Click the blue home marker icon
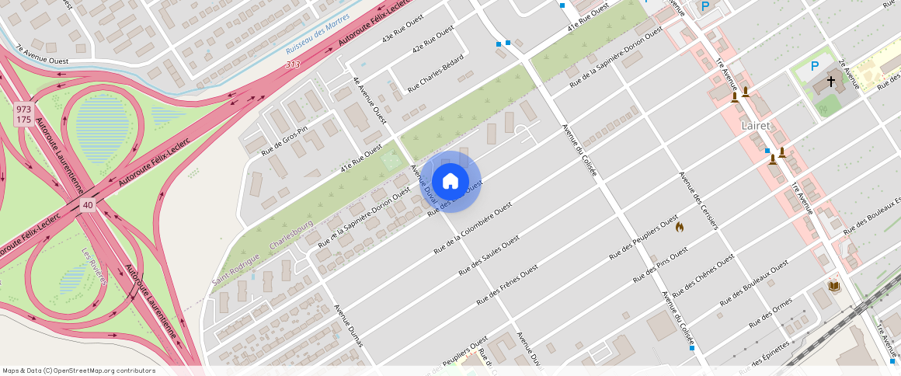(450, 182)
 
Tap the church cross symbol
(830, 81)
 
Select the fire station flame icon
(680, 227)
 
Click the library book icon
(834, 287)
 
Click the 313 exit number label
(292, 65)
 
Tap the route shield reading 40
(87, 205)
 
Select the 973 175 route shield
(23, 115)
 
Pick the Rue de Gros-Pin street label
(284, 140)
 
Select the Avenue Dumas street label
(348, 326)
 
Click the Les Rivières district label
(94, 266)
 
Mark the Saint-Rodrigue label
(235, 271)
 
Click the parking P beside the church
(815, 67)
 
